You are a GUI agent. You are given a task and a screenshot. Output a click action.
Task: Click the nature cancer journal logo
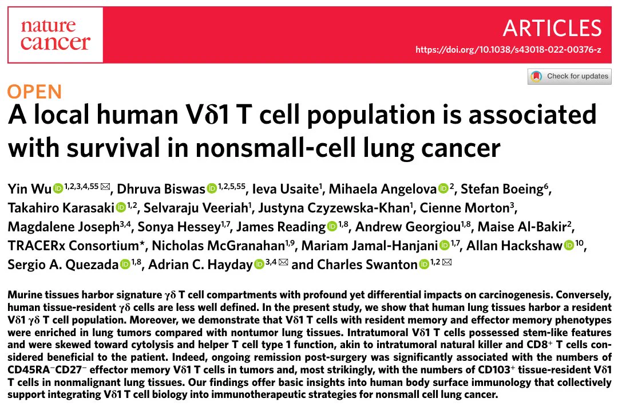[55, 35]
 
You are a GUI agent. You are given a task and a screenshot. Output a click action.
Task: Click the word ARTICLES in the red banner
[552, 28]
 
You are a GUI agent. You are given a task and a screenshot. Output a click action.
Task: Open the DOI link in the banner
[508, 50]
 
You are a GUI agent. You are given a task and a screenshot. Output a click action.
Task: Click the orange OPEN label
[35, 92]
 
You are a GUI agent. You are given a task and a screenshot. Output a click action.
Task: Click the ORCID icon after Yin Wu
[58, 189]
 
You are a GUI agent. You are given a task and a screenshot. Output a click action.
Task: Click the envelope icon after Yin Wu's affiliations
[105, 187]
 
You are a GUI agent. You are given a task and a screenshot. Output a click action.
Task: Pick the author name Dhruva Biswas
[161, 189]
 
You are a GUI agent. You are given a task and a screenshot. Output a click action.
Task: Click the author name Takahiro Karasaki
[61, 208]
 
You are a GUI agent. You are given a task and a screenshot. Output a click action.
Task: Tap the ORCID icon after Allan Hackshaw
[569, 246]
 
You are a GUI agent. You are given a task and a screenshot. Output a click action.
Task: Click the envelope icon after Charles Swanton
[447, 262]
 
